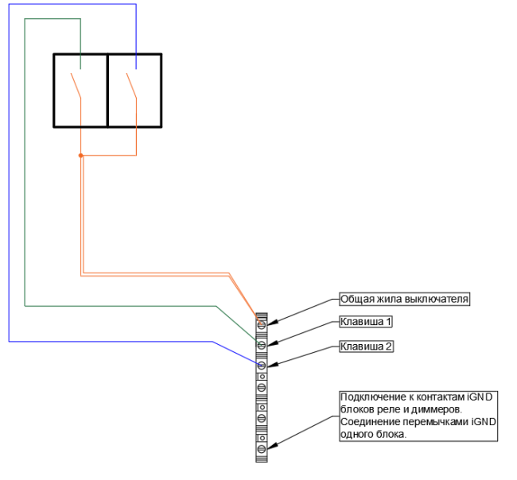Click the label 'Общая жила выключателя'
coord(404,300)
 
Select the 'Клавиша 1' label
coord(365,322)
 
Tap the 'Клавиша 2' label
coord(365,346)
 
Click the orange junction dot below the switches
coord(80,156)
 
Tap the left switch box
coord(80,90)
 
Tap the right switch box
coord(134,90)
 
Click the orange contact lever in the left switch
coord(76,85)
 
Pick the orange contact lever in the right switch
coord(130,85)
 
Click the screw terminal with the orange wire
coord(261,325)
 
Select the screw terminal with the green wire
coord(261,345)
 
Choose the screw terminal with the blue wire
coord(261,365)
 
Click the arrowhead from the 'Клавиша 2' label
coord(272,365)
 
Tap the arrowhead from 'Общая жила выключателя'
coord(272,323)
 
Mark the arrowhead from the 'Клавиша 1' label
coord(272,344)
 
